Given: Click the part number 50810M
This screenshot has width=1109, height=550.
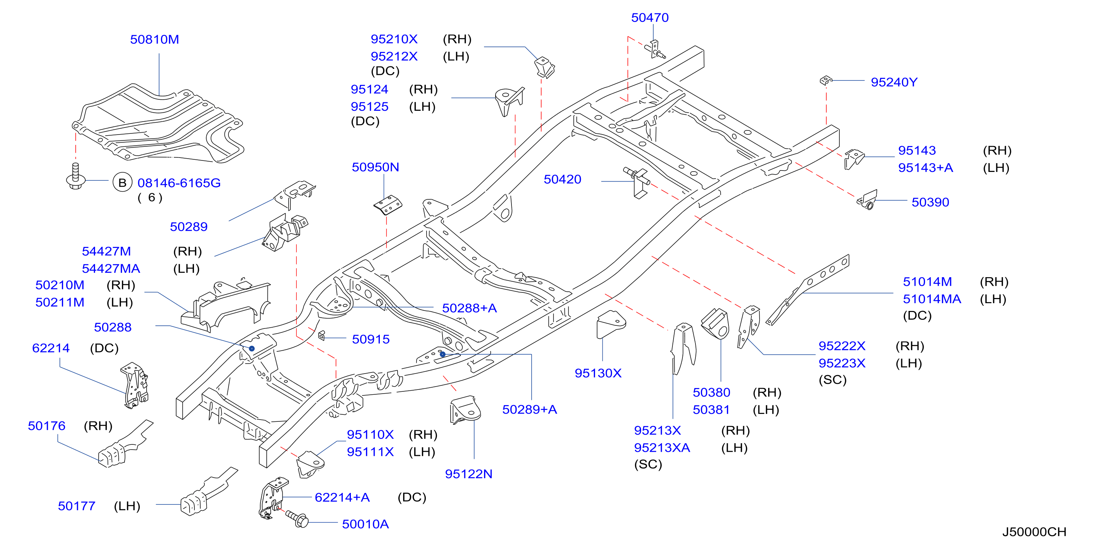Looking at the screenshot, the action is tap(155, 40).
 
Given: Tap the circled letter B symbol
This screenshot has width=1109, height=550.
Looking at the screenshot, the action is tap(122, 183).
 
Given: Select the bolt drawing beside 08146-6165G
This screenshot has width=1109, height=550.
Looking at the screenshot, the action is tap(75, 176).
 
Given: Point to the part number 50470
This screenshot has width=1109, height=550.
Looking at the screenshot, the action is tap(650, 18).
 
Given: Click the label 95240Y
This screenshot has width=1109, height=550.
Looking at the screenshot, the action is tap(894, 82).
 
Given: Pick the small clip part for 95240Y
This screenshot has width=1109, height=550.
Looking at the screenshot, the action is tap(825, 80).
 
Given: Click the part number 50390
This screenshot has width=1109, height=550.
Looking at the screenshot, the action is tap(930, 202).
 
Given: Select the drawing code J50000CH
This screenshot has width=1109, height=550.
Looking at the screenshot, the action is tap(1034, 532).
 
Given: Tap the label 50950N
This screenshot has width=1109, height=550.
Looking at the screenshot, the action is tap(375, 167).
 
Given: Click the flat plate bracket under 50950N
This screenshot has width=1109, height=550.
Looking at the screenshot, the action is tap(388, 205).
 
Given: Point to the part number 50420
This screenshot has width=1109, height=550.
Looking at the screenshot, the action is tap(562, 179).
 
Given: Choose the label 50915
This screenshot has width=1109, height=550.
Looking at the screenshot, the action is tap(371, 339).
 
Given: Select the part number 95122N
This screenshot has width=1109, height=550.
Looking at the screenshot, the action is tap(468, 474).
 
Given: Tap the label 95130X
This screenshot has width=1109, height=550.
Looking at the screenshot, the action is tap(598, 373).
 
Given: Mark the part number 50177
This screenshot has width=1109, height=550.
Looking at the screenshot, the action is tap(77, 506).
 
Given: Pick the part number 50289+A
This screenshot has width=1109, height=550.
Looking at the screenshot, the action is tap(530, 410).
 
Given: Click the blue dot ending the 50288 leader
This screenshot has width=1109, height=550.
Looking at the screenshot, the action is tap(252, 348).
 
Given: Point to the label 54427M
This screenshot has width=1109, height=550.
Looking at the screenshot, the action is tap(106, 252).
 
